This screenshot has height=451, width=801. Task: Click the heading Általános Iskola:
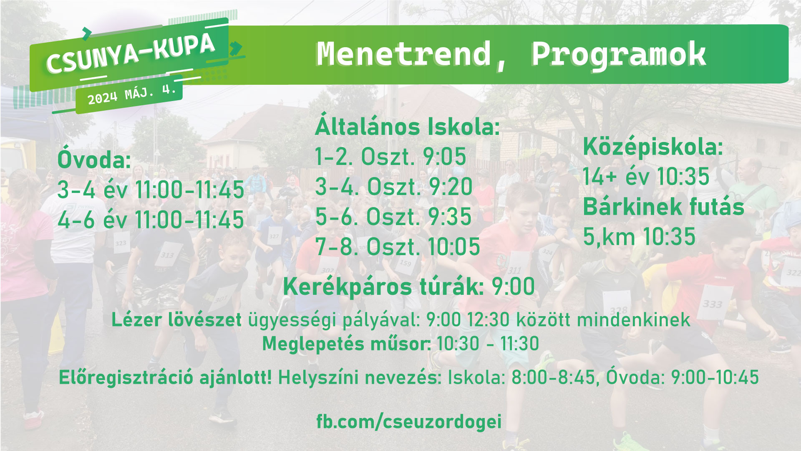tap(407, 125)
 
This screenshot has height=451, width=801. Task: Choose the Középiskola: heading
tap(653, 147)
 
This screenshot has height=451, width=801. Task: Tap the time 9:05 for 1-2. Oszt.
tap(444, 157)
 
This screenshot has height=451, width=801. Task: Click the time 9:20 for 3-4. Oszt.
tap(451, 187)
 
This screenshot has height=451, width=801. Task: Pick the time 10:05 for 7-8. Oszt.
tap(454, 247)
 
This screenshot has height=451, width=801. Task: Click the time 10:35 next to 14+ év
tap(683, 176)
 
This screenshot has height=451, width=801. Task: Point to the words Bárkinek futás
tap(663, 207)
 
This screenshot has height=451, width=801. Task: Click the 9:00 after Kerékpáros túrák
tap(513, 286)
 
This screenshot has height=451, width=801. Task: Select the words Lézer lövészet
tap(176, 320)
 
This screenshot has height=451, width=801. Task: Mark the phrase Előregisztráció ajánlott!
tap(165, 378)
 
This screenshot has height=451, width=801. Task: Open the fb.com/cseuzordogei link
tap(409, 421)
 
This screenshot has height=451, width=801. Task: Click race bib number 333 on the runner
tap(712, 304)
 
